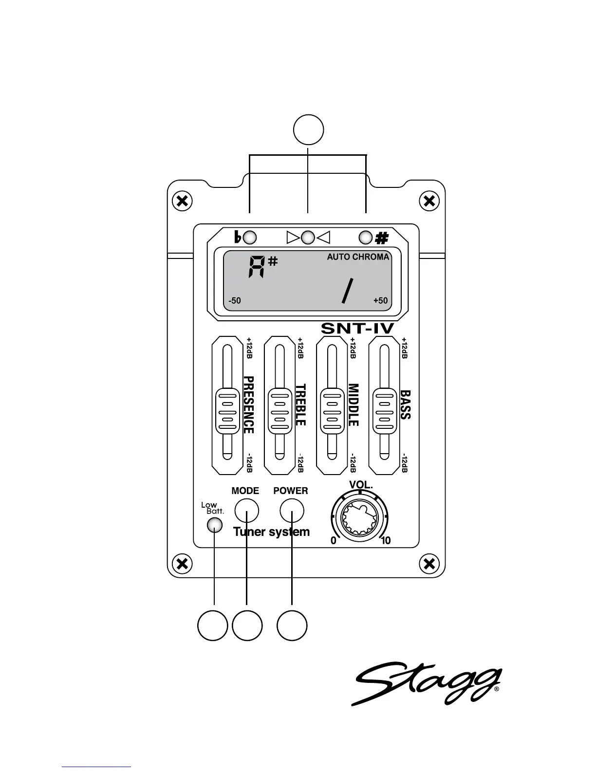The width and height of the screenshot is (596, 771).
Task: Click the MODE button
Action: click(x=246, y=511)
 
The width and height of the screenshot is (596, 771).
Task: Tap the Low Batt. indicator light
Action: click(x=215, y=525)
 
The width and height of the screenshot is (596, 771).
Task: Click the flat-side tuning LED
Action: click(x=250, y=238)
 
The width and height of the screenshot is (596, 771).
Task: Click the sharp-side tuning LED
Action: click(x=366, y=238)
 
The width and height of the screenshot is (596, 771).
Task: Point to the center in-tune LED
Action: click(x=308, y=238)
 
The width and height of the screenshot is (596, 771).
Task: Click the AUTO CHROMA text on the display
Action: click(x=358, y=257)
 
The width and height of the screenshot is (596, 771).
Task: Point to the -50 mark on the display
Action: click(x=235, y=300)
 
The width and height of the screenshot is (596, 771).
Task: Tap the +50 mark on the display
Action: click(x=380, y=300)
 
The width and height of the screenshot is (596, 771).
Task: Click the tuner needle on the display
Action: click(x=347, y=290)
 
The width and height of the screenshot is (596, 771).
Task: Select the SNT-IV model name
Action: click(x=357, y=329)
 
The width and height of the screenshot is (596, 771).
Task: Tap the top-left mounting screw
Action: click(x=182, y=201)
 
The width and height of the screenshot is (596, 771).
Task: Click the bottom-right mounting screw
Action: click(x=429, y=565)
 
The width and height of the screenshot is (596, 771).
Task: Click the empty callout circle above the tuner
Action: click(x=309, y=129)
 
